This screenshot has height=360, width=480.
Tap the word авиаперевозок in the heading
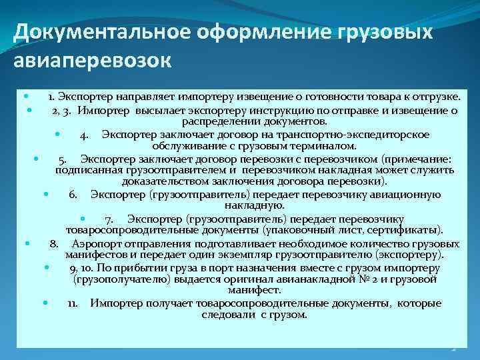92,61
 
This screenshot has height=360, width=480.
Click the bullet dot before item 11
45,303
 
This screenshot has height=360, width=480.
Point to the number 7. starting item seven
108,219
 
